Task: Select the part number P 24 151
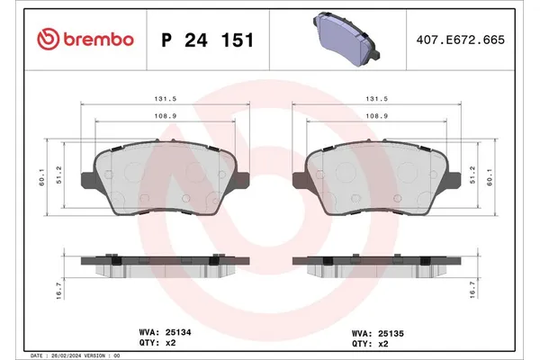206,40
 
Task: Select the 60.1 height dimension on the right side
491,178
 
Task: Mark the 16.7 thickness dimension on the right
491,290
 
